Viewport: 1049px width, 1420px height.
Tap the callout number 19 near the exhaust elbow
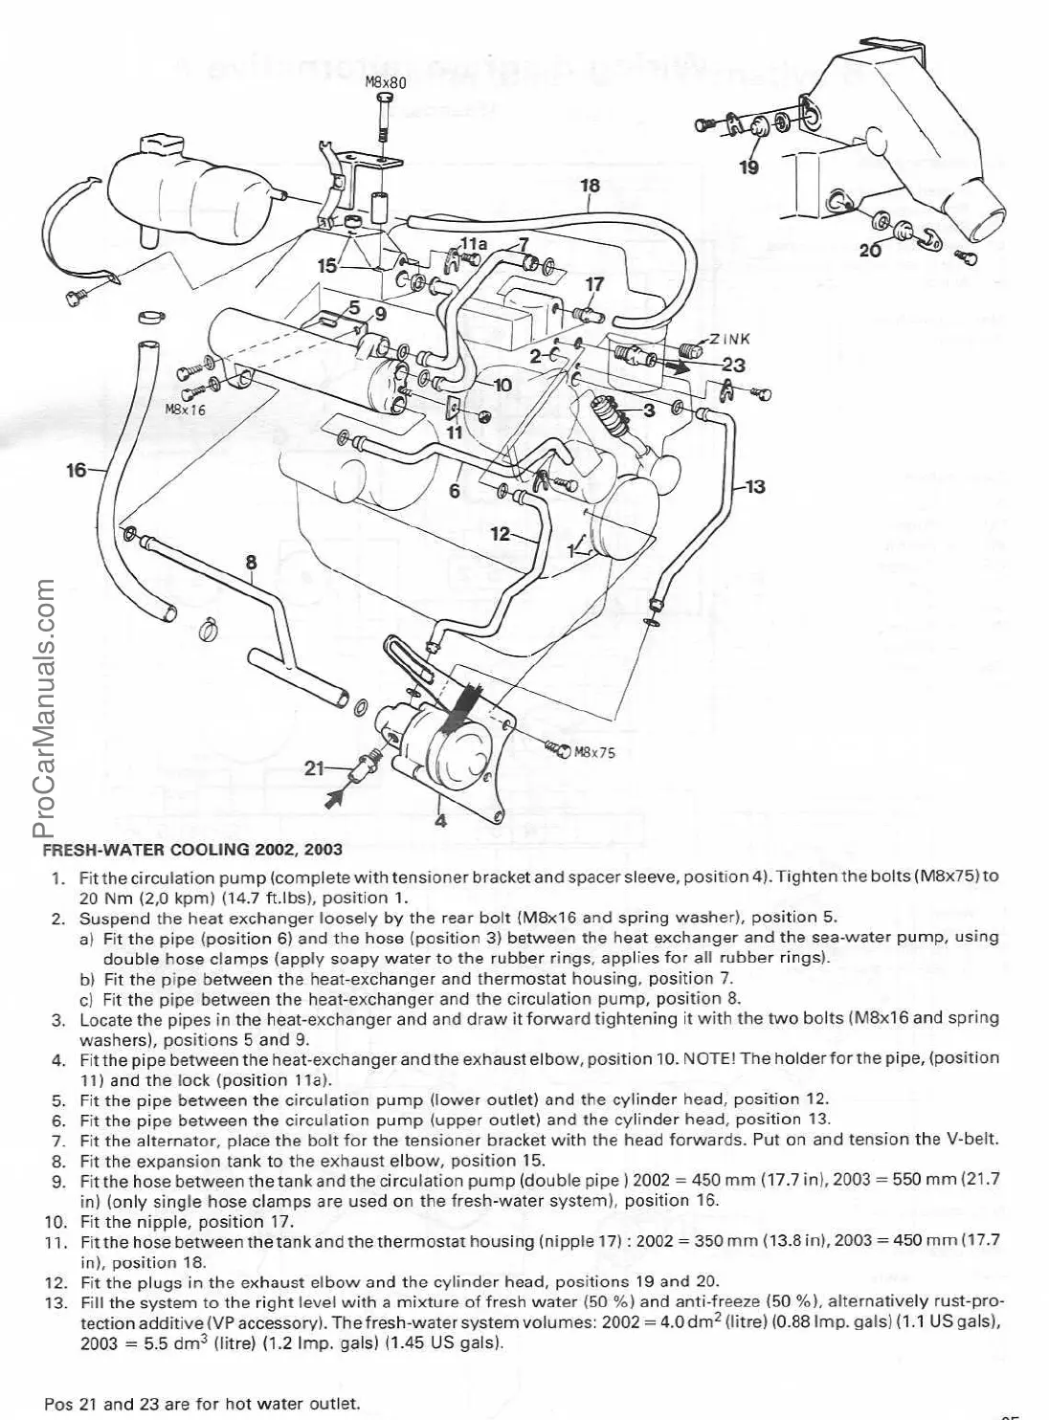tap(748, 167)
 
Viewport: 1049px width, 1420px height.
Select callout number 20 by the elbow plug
tap(869, 251)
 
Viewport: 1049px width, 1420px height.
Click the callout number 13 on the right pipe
tap(754, 487)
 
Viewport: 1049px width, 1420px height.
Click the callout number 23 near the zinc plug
tap(733, 365)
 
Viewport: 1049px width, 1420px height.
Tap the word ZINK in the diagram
tap(730, 338)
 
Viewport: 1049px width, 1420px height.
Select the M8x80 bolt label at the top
tap(387, 83)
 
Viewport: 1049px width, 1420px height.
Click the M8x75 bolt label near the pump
tap(594, 751)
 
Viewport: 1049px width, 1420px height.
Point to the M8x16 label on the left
tap(186, 409)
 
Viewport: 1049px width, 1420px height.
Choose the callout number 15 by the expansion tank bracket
tap(327, 265)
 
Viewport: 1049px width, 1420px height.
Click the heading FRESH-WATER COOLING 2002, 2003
tap(192, 849)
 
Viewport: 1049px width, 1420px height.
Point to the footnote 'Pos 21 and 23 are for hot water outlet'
tap(201, 1405)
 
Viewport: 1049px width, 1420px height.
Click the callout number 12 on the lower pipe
tap(500, 534)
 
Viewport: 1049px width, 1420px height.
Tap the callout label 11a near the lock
tap(474, 245)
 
